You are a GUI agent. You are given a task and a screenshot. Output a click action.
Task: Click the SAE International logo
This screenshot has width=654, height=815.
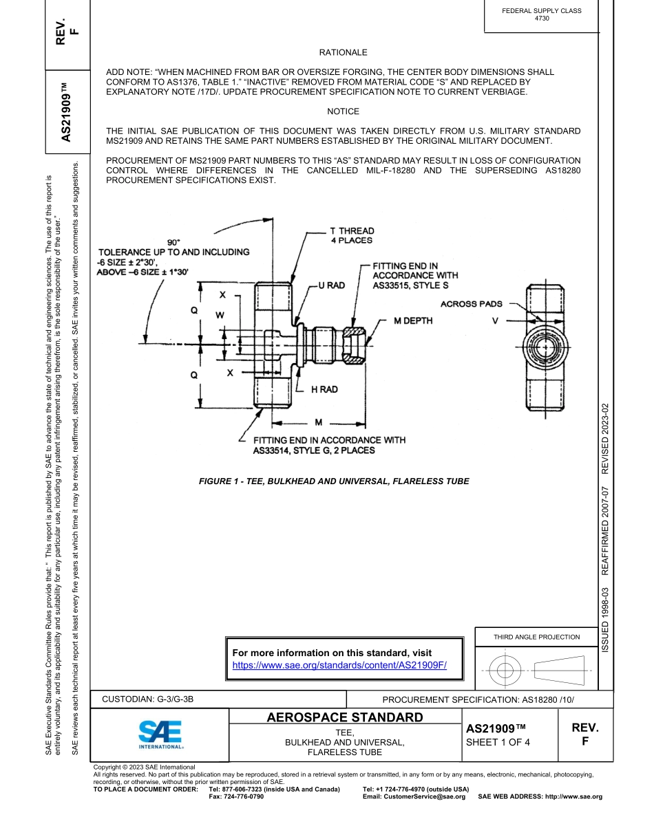coord(160,735)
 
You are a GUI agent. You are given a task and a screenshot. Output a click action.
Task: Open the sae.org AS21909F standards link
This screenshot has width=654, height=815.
coord(339,665)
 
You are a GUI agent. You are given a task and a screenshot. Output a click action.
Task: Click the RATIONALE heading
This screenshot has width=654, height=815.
coord(343,52)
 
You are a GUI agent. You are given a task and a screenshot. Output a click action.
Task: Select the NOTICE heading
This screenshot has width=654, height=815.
coord(343,111)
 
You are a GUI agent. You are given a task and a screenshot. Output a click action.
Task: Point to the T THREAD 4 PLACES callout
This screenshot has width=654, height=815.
coord(352,236)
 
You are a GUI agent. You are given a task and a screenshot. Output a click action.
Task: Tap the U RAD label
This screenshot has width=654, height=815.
coord(331,285)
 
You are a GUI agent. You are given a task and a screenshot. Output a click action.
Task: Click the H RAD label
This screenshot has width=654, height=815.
coord(324,389)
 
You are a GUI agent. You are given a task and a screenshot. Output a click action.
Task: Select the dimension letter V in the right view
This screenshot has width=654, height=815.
coord(495,321)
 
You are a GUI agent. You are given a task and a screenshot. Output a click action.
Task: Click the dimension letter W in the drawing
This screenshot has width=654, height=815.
coord(220,315)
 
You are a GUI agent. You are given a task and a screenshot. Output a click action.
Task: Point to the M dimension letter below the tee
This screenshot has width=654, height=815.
coord(318,422)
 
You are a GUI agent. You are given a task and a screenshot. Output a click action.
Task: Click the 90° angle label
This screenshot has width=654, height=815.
coord(173,242)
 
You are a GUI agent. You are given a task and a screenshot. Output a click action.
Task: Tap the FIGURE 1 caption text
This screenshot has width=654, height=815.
coord(334,481)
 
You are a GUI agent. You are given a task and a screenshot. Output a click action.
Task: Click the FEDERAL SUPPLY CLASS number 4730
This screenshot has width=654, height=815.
coord(542,19)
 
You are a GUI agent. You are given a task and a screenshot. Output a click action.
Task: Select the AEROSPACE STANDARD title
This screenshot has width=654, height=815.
coord(345,718)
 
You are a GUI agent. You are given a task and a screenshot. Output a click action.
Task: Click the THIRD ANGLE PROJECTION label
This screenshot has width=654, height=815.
coord(536,637)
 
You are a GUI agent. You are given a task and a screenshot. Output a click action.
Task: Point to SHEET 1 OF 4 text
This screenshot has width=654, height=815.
coord(498,741)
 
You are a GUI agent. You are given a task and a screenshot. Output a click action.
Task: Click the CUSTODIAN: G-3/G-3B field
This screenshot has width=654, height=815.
coord(148,699)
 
